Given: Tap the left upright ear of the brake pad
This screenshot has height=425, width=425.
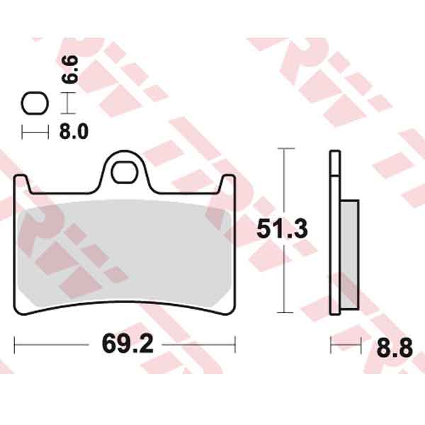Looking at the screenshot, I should click(23, 186).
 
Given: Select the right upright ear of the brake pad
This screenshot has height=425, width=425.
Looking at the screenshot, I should click(228, 186).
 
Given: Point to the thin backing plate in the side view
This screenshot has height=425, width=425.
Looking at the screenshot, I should click(334, 234).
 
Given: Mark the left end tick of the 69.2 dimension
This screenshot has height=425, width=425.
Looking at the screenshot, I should click(15, 346).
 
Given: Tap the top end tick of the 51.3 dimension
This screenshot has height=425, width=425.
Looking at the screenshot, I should click(284, 149).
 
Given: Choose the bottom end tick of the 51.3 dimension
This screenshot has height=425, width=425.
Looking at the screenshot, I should click(284, 312).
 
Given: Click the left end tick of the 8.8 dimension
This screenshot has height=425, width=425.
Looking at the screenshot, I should click(331, 346).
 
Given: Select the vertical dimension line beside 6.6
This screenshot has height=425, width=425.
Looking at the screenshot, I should click(67, 104).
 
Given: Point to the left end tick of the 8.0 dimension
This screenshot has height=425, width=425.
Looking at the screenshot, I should click(23, 131).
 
